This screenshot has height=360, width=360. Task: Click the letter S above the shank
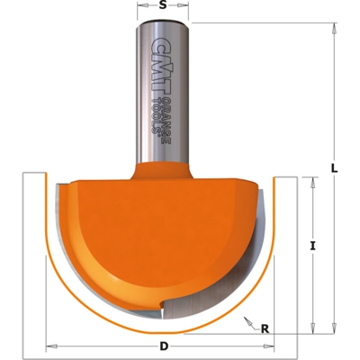[162, 5]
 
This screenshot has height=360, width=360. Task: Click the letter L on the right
[335, 167]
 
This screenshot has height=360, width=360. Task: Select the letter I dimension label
[312, 245]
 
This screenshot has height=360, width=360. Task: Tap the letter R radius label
[265, 328]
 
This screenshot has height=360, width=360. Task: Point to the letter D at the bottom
[163, 346]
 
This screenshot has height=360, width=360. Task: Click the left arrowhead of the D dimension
[49, 346]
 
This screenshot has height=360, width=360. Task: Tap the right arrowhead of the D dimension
[276, 346]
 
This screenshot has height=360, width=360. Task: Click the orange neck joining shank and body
[162, 169]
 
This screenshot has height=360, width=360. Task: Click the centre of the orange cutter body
[162, 238]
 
